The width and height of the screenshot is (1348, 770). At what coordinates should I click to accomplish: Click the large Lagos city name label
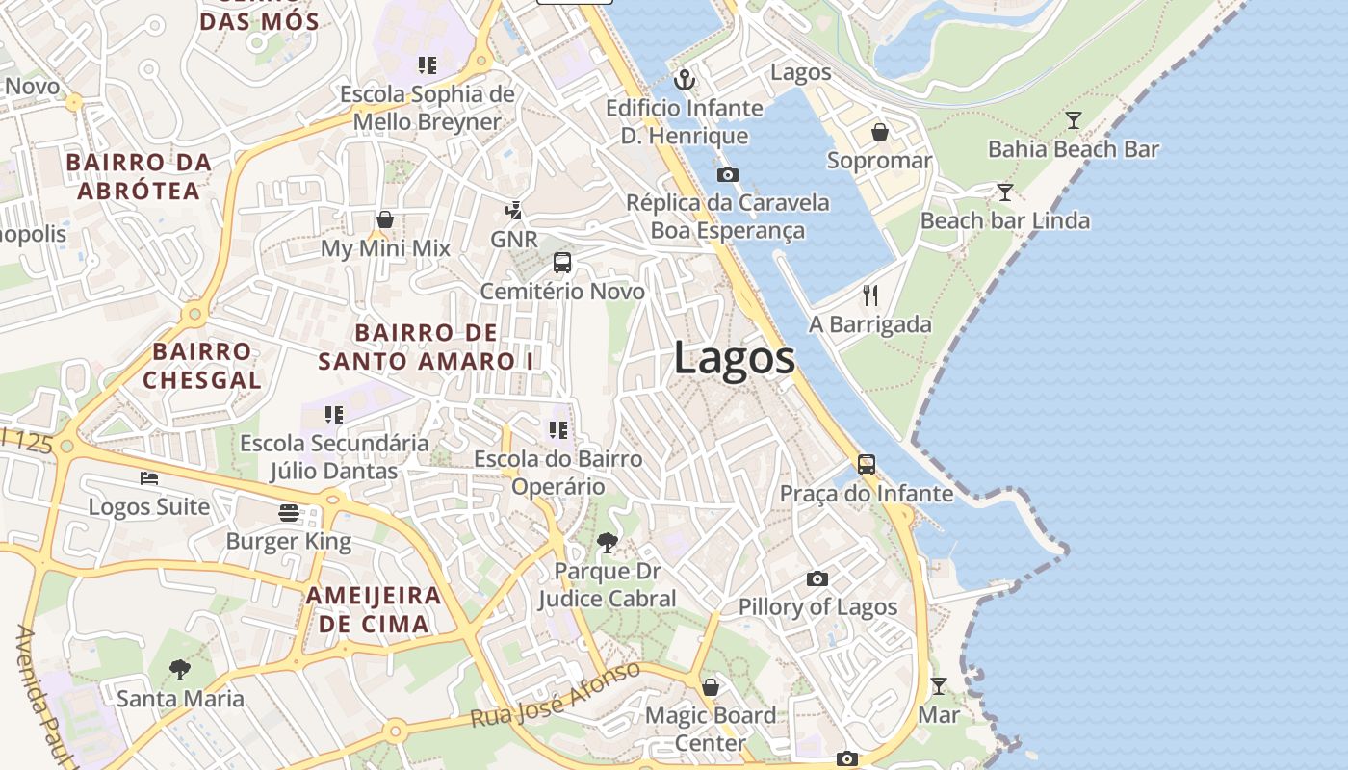click(x=734, y=358)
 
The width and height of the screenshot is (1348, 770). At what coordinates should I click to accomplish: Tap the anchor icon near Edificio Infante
click(x=685, y=80)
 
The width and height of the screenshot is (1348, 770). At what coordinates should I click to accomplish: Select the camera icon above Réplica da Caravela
click(x=728, y=174)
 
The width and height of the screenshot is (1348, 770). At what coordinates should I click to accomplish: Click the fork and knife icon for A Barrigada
click(x=870, y=295)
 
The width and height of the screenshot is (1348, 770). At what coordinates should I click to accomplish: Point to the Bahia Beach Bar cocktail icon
click(x=1074, y=120)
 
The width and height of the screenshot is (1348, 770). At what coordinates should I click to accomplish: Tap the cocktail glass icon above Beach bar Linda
click(x=1005, y=192)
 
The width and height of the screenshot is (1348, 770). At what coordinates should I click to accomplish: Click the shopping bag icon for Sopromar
click(x=879, y=132)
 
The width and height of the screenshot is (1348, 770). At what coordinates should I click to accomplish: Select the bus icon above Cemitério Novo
click(x=562, y=262)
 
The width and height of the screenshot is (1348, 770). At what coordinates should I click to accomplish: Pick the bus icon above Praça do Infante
click(x=867, y=465)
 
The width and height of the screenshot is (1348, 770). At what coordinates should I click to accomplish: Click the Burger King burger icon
click(x=289, y=512)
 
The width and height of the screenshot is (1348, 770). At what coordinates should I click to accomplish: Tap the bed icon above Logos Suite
click(x=149, y=477)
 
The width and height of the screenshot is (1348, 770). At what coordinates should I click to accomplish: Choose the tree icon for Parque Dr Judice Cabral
click(x=607, y=543)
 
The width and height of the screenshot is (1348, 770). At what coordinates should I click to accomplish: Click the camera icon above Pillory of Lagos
click(x=817, y=578)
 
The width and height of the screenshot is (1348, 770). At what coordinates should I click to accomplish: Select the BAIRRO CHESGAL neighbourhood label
click(x=202, y=365)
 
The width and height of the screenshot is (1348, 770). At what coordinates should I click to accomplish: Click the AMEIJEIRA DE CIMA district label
click(x=374, y=609)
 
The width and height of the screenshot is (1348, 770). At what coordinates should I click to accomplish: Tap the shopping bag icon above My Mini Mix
click(x=385, y=219)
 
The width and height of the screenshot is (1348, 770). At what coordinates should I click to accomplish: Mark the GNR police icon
click(x=514, y=210)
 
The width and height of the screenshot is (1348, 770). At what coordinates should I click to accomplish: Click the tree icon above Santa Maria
click(x=179, y=669)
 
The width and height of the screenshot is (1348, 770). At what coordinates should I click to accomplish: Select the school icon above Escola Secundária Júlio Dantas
click(x=334, y=415)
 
